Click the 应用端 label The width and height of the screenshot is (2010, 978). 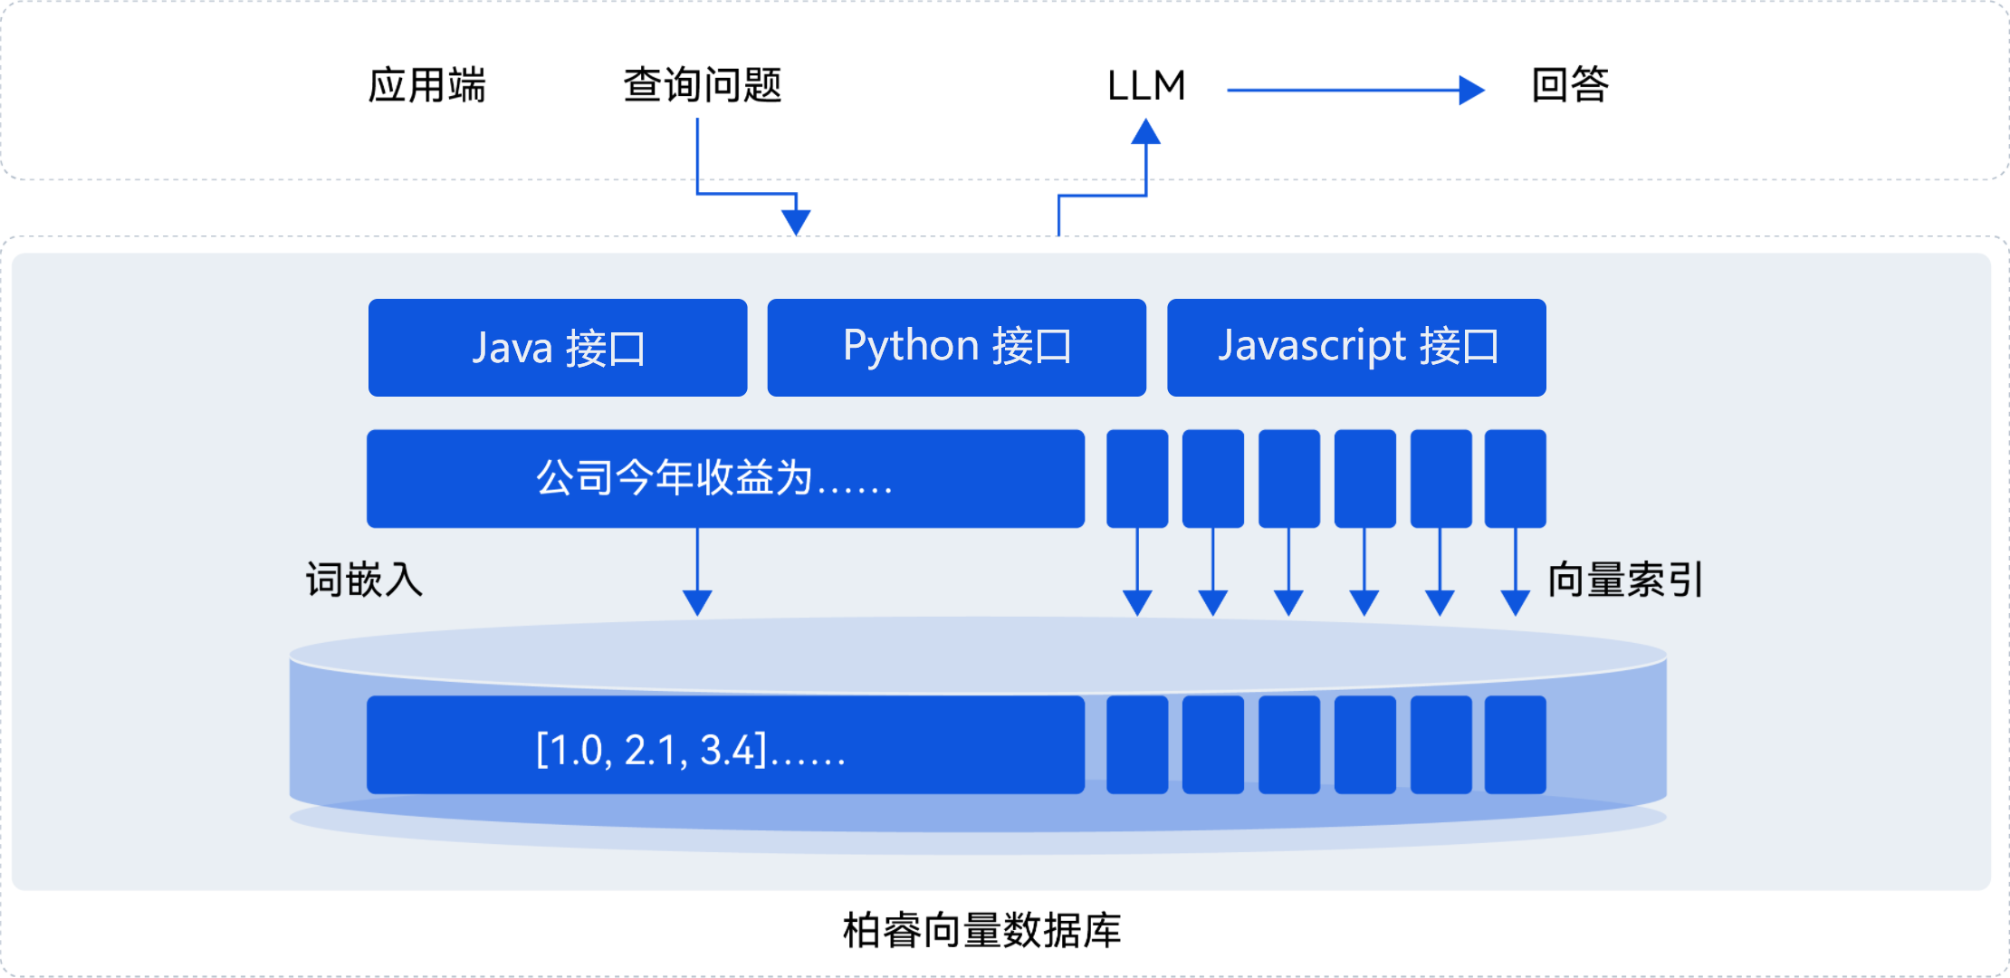tap(426, 85)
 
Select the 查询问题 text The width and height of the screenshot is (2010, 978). tap(703, 85)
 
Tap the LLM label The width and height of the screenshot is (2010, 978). tap(1146, 86)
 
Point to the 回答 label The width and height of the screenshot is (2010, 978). tap(1570, 85)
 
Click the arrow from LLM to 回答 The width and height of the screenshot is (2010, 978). tap(1356, 90)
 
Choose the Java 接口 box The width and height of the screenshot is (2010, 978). tap(558, 348)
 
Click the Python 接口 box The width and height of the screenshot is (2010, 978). tap(957, 348)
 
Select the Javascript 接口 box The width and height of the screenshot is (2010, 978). tap(1356, 348)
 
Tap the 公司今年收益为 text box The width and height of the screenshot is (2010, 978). tap(725, 478)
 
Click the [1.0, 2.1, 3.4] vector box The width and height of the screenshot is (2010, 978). tap(725, 744)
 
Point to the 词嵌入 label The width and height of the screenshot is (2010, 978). tap(364, 580)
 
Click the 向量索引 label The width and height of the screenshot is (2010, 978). tap(1626, 580)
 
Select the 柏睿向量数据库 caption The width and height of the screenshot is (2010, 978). tap(982, 930)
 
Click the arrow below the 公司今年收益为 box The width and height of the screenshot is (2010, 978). tap(697, 572)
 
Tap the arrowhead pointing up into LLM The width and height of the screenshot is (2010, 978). tap(1146, 132)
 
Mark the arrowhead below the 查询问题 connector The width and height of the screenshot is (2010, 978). tap(796, 223)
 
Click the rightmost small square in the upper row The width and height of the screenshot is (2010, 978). tap(1516, 478)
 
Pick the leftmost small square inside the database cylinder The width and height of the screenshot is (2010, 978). tap(1137, 744)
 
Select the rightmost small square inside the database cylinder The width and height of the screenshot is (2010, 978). tap(1516, 744)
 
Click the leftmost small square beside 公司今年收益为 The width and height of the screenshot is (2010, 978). tap(1137, 478)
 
